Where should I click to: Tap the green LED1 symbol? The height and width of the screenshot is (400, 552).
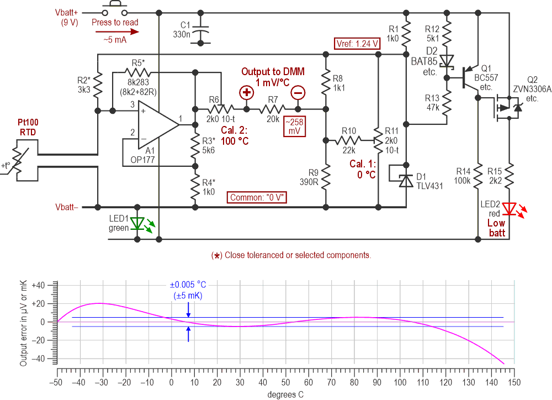point(137,223)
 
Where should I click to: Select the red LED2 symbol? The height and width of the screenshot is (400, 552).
point(509,208)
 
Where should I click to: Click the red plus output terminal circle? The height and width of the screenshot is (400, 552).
point(246,92)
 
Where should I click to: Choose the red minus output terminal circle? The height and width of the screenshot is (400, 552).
point(297,92)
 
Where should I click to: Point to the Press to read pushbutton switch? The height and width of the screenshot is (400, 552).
point(115,9)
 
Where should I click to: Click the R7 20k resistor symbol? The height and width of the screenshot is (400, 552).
point(272,108)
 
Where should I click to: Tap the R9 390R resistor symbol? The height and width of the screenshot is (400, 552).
point(326,177)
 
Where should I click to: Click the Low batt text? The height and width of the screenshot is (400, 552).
point(496,228)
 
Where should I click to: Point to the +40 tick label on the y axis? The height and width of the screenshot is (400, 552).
point(43,285)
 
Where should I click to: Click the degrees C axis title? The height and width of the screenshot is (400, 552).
point(285,394)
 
